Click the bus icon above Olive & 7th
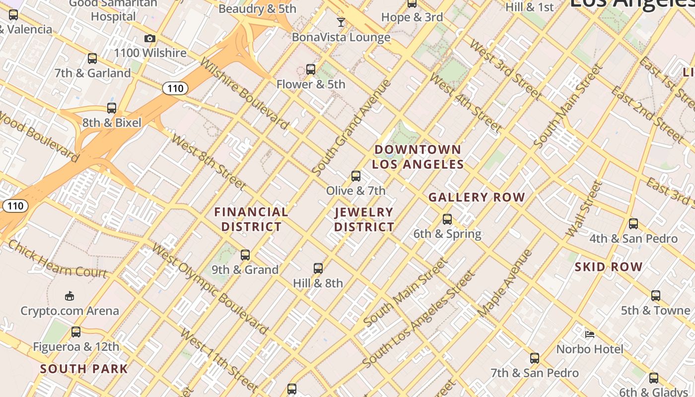click(x=355, y=176)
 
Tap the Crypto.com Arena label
click(x=69, y=311)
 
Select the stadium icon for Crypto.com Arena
click(x=69, y=296)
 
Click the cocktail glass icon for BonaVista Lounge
click(x=341, y=22)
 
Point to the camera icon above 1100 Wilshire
click(x=149, y=39)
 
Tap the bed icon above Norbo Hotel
click(x=590, y=334)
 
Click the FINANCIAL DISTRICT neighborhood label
click(x=251, y=219)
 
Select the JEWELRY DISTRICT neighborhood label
click(x=364, y=219)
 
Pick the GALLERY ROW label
click(x=477, y=198)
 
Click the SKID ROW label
click(x=609, y=267)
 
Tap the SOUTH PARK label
click(x=84, y=369)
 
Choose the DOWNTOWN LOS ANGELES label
click(x=418, y=157)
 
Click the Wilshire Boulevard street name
click(x=244, y=93)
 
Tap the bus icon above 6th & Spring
click(x=447, y=219)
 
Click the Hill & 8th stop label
click(x=318, y=283)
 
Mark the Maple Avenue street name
click(x=505, y=284)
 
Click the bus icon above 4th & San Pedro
click(x=633, y=224)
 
